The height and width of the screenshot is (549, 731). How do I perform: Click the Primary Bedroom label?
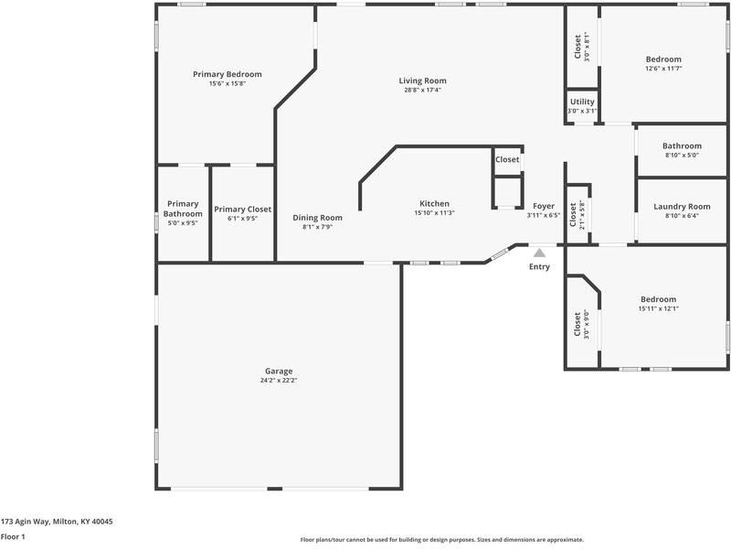(x=227, y=74)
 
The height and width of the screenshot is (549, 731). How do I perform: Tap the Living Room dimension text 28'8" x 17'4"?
(x=422, y=90)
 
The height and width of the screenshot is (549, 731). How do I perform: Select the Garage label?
(x=279, y=371)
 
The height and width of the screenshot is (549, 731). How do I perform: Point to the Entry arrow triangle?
(x=540, y=253)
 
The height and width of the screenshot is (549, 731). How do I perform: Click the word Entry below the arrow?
(x=540, y=267)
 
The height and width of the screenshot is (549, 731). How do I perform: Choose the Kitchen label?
(x=434, y=203)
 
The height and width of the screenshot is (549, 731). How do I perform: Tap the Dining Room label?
(x=317, y=218)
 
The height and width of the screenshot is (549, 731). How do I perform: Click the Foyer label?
(x=543, y=206)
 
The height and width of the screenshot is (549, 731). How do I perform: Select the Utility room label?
(x=582, y=102)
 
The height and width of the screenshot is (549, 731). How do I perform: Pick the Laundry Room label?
(x=682, y=207)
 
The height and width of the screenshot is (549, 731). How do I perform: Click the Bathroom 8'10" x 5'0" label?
(x=682, y=145)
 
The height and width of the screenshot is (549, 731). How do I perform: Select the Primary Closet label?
(x=242, y=209)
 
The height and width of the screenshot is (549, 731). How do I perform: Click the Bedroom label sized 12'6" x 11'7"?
(x=663, y=59)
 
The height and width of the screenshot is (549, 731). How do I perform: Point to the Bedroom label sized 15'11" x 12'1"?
(x=658, y=299)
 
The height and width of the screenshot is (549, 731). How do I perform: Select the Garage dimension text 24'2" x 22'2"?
(x=279, y=380)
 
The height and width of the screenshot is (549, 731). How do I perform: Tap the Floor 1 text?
(x=12, y=537)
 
